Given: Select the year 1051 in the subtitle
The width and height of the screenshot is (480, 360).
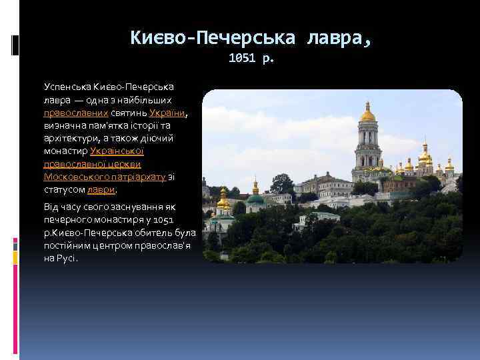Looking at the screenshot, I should [242, 59].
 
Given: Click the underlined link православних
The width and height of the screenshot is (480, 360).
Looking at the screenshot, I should [76, 113].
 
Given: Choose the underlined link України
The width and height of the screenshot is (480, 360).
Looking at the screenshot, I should [167, 113].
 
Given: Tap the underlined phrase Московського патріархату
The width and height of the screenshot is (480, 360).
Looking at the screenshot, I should [104, 176].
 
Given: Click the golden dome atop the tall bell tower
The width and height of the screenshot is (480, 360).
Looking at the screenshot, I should [367, 115].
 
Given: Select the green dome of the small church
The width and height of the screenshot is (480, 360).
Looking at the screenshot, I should [255, 198].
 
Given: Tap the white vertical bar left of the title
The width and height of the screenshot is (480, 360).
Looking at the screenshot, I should [15, 44].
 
